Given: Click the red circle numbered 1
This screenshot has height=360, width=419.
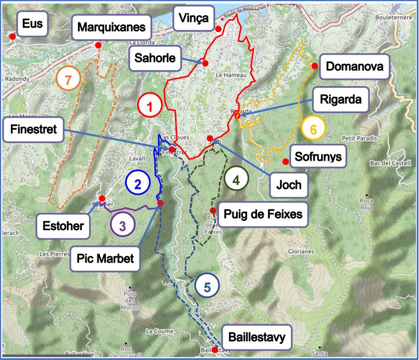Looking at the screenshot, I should (151, 108).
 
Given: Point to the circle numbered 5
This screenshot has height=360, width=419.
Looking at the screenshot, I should (207, 287).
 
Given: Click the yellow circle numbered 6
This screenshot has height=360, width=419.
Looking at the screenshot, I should (313, 129).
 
